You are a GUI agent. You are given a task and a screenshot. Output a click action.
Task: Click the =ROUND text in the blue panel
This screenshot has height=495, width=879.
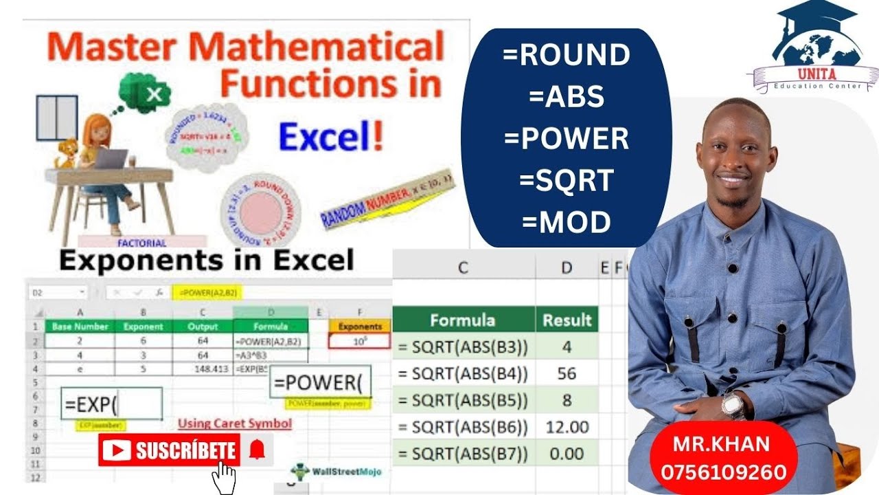(x=566, y=55)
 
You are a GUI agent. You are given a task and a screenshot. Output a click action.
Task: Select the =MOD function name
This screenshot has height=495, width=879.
(x=566, y=222)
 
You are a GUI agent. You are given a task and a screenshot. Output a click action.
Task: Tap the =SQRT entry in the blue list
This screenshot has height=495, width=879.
(x=566, y=180)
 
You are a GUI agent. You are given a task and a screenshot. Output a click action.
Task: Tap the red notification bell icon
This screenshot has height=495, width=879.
(x=257, y=450)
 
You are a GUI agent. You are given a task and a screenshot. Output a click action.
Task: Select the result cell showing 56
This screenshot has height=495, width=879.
(x=567, y=374)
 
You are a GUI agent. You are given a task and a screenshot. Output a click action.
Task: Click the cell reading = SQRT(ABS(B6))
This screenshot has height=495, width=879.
(x=464, y=428)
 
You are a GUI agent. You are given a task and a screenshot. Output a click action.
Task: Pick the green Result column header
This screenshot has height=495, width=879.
(x=567, y=320)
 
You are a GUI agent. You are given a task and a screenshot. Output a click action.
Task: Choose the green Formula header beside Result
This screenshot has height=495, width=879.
(x=463, y=320)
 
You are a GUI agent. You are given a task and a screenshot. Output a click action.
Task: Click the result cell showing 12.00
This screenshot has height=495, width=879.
(x=567, y=428)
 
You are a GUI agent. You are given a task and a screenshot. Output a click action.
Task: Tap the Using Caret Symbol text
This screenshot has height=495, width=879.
(x=234, y=423)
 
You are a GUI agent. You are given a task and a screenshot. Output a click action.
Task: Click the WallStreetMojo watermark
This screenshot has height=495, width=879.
(x=336, y=472)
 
